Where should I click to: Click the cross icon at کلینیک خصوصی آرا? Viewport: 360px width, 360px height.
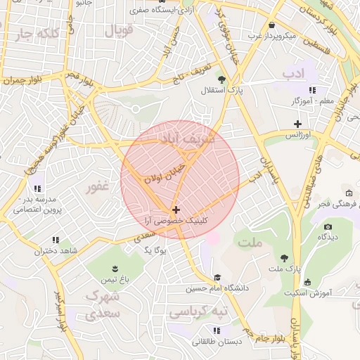click(x=175, y=210)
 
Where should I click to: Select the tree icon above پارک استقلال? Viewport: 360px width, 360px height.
click(x=222, y=79)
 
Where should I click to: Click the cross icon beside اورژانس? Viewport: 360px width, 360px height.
click(x=297, y=124)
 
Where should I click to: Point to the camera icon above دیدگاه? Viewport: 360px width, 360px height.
click(x=328, y=226)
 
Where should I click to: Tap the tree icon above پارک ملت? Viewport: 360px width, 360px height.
click(x=284, y=258)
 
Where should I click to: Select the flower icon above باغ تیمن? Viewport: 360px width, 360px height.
click(x=115, y=269)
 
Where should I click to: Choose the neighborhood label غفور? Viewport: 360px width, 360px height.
click(x=98, y=188)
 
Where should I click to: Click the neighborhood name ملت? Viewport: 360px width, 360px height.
click(x=249, y=243)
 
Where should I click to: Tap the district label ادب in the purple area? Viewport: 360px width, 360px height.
click(x=291, y=73)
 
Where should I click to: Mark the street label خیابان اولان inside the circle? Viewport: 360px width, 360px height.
click(x=164, y=170)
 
